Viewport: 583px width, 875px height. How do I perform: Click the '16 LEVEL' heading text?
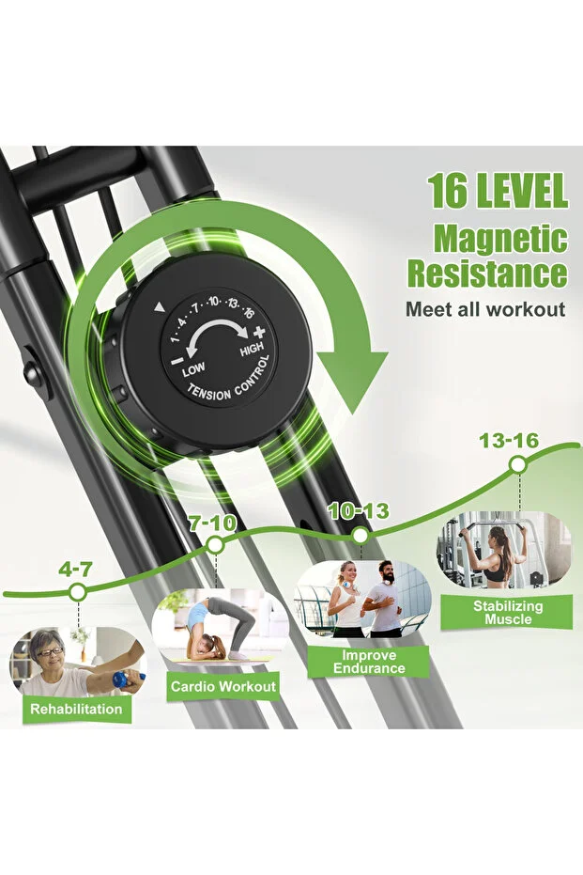(x=498, y=191)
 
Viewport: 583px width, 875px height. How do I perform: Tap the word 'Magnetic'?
(x=500, y=239)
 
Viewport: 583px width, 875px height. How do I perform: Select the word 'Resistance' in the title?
(x=487, y=273)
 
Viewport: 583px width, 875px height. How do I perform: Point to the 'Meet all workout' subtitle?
(x=485, y=309)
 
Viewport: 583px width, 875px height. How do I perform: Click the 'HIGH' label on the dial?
(x=252, y=349)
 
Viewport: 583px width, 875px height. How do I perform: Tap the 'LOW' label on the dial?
(x=193, y=368)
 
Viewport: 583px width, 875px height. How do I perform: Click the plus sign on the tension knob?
(x=259, y=333)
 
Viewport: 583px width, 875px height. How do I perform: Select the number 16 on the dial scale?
(x=249, y=313)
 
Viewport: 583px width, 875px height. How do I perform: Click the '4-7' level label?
(x=76, y=570)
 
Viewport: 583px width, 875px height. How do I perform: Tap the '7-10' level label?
(x=212, y=523)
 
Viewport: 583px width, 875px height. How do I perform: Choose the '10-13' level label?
(x=359, y=510)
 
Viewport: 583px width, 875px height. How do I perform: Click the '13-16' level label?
(x=509, y=441)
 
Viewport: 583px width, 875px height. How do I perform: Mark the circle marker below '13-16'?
(x=518, y=464)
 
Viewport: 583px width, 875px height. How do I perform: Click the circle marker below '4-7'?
(x=78, y=592)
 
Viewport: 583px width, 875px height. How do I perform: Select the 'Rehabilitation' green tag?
(x=76, y=710)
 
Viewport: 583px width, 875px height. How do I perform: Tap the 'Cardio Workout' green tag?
(x=222, y=686)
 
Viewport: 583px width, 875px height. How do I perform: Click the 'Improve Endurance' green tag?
(x=369, y=662)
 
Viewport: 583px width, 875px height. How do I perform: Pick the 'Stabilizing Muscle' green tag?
(x=507, y=612)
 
